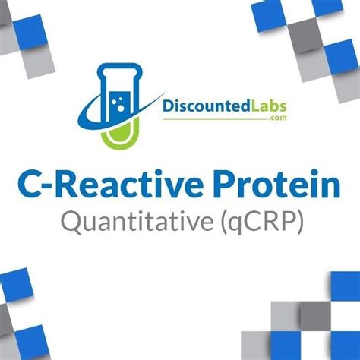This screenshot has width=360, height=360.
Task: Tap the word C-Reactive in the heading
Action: point(110,184)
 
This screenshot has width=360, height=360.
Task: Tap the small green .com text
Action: point(279,118)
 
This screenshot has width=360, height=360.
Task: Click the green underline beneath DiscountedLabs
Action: point(216,119)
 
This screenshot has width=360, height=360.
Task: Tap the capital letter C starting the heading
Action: point(30,184)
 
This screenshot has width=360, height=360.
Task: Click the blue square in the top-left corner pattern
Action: point(30,32)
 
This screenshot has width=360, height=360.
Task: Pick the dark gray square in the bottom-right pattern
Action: point(315,316)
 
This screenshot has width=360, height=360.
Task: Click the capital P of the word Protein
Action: point(226,185)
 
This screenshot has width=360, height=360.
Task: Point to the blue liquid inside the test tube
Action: point(120,106)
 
